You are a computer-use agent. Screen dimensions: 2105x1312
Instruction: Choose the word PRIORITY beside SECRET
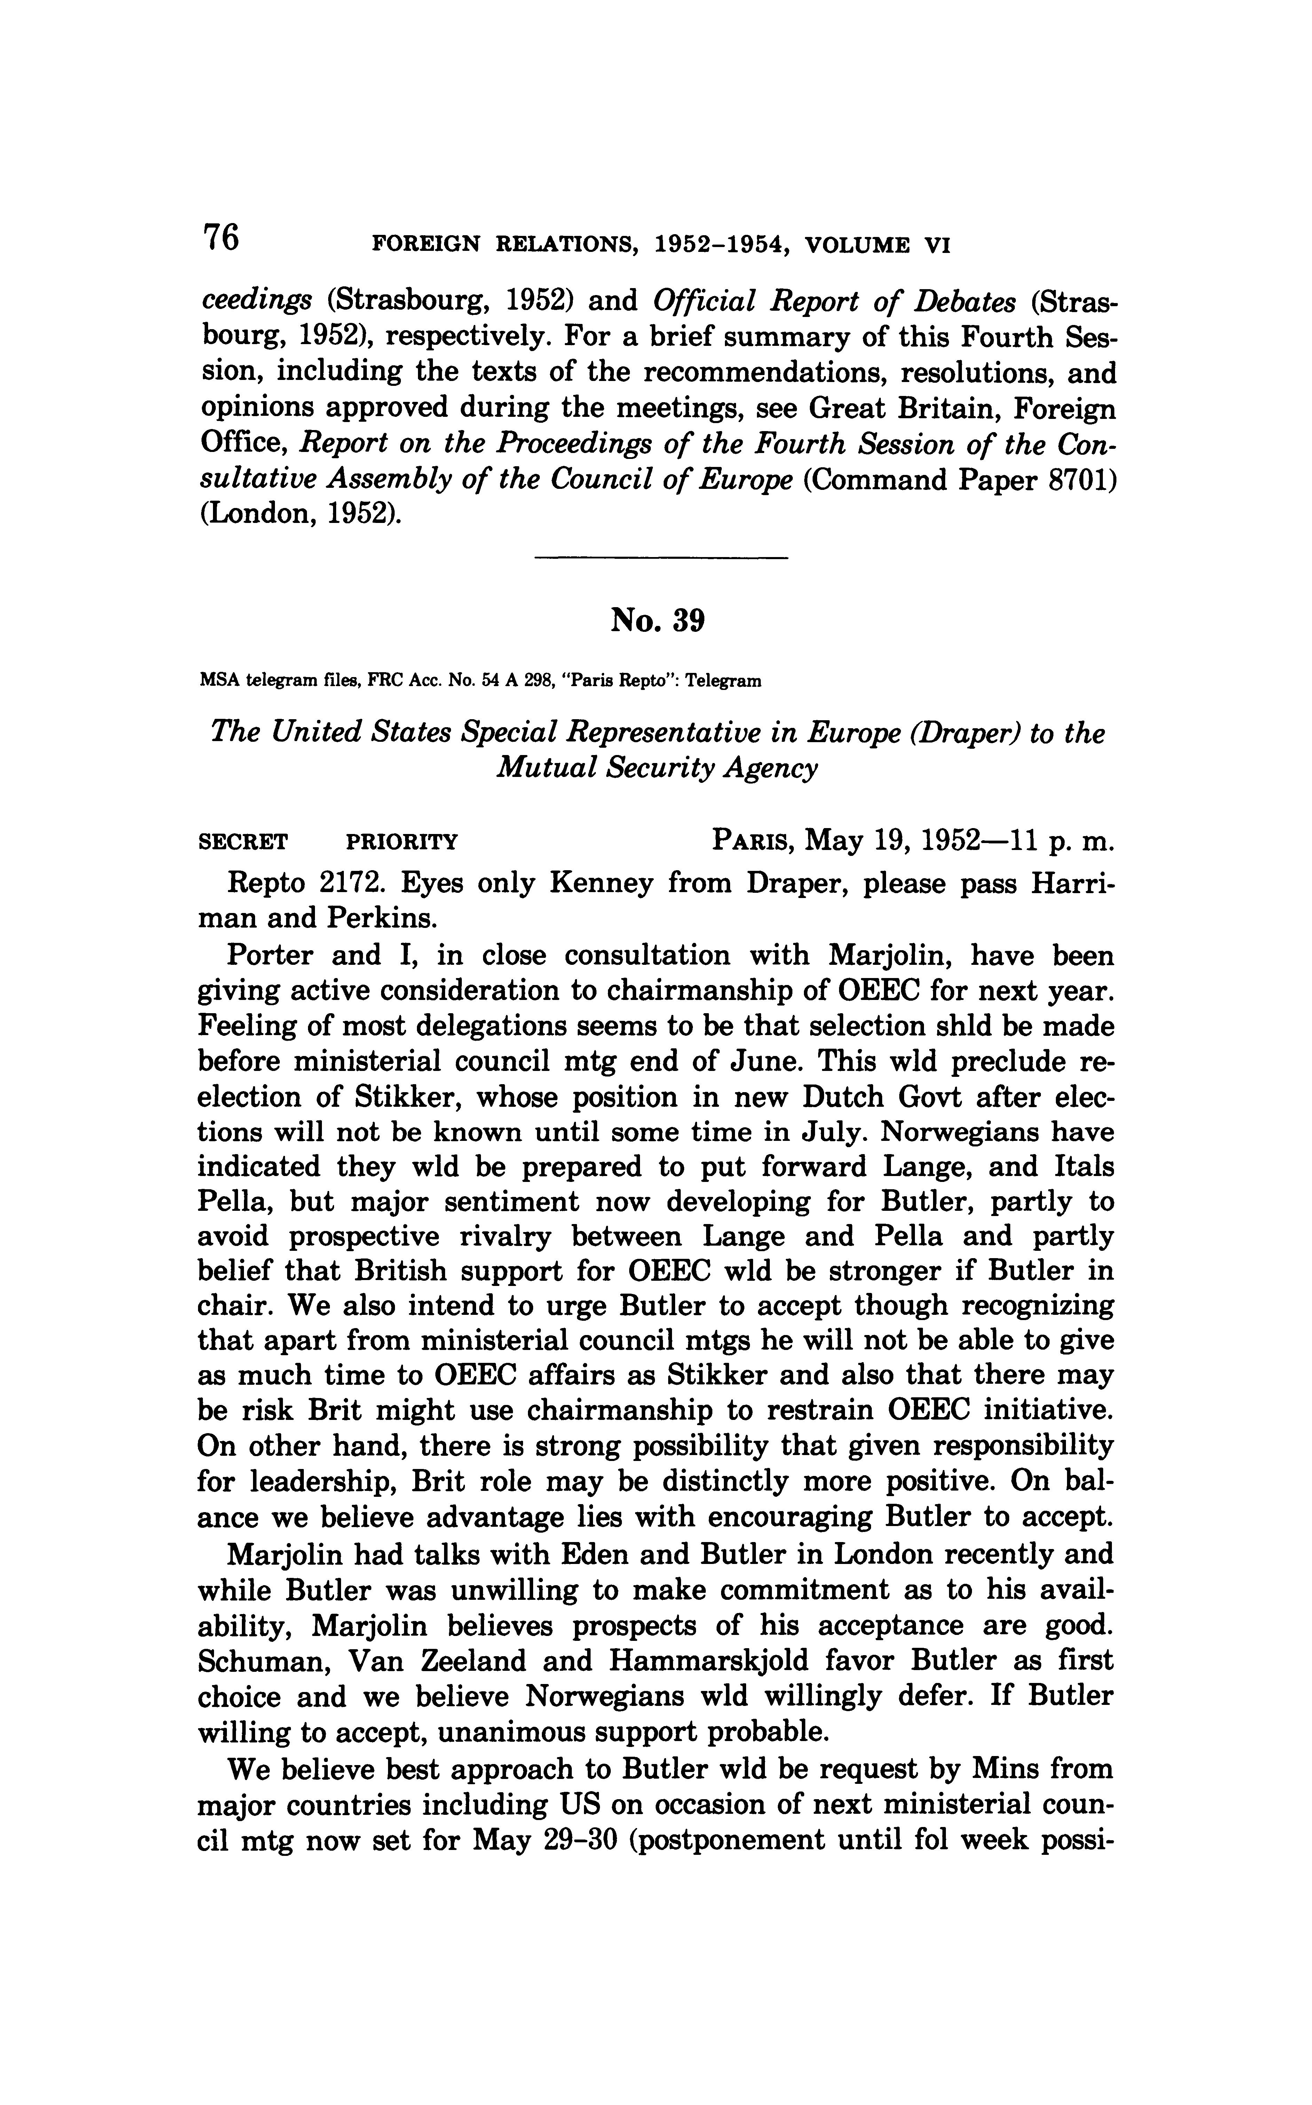(x=402, y=841)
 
